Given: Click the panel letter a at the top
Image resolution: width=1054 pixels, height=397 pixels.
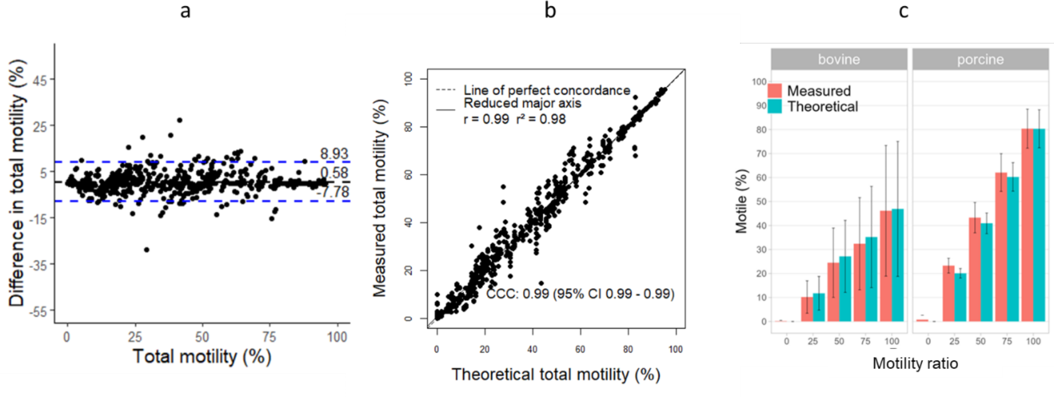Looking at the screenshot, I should [185, 11].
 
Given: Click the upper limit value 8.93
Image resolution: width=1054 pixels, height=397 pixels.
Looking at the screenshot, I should [334, 153].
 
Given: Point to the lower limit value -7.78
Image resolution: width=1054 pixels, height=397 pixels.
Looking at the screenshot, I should [334, 192].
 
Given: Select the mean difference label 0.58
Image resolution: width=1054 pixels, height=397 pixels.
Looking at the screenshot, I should [334, 173].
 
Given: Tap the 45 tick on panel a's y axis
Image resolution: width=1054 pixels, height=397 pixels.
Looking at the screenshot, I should [40, 80].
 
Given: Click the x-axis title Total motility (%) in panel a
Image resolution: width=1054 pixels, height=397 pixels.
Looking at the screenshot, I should [202, 357].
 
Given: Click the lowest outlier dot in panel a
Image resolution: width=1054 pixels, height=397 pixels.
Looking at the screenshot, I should [146, 249].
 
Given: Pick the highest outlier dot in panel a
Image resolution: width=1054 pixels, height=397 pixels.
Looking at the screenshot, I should [180, 120].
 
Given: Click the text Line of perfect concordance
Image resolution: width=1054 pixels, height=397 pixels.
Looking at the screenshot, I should [546, 90].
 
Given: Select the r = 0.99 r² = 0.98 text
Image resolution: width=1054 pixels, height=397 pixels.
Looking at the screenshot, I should [514, 119].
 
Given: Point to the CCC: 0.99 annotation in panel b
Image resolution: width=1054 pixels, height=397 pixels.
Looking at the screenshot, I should [580, 294].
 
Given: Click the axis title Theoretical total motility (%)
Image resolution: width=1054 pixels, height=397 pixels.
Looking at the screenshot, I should [555, 374].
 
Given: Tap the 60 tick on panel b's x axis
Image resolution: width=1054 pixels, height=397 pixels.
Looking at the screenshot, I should [580, 349].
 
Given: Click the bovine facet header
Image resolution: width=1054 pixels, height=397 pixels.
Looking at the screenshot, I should [838, 59].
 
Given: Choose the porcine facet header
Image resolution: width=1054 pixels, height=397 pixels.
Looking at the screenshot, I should [980, 59].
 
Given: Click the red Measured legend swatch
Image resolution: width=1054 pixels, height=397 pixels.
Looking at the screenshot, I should [775, 90].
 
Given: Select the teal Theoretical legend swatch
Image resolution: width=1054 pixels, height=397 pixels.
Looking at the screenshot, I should [775, 107].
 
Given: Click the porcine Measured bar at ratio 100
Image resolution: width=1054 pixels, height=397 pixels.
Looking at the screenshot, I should [1027, 226].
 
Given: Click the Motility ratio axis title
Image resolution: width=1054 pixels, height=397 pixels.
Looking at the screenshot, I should [915, 363].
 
